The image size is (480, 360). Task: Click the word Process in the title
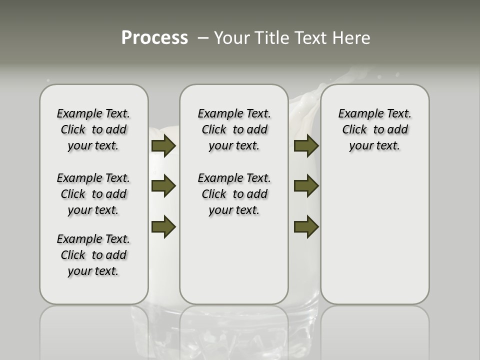[154, 38]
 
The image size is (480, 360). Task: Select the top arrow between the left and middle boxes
[163, 146]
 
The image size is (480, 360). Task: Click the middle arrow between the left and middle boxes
[163, 186]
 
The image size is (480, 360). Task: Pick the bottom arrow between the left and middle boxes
[163, 226]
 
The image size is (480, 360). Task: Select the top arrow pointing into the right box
[306, 146]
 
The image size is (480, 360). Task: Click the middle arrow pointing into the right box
[306, 186]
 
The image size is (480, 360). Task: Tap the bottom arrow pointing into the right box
[306, 226]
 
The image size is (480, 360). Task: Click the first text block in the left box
[93, 129]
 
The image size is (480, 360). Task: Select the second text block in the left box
[93, 194]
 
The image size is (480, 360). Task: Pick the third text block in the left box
[93, 255]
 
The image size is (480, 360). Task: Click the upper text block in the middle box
[234, 129]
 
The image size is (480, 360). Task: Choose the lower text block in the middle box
[234, 194]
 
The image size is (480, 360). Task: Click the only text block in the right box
[374, 129]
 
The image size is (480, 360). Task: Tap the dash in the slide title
[203, 38]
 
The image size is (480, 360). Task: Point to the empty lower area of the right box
[374, 235]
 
